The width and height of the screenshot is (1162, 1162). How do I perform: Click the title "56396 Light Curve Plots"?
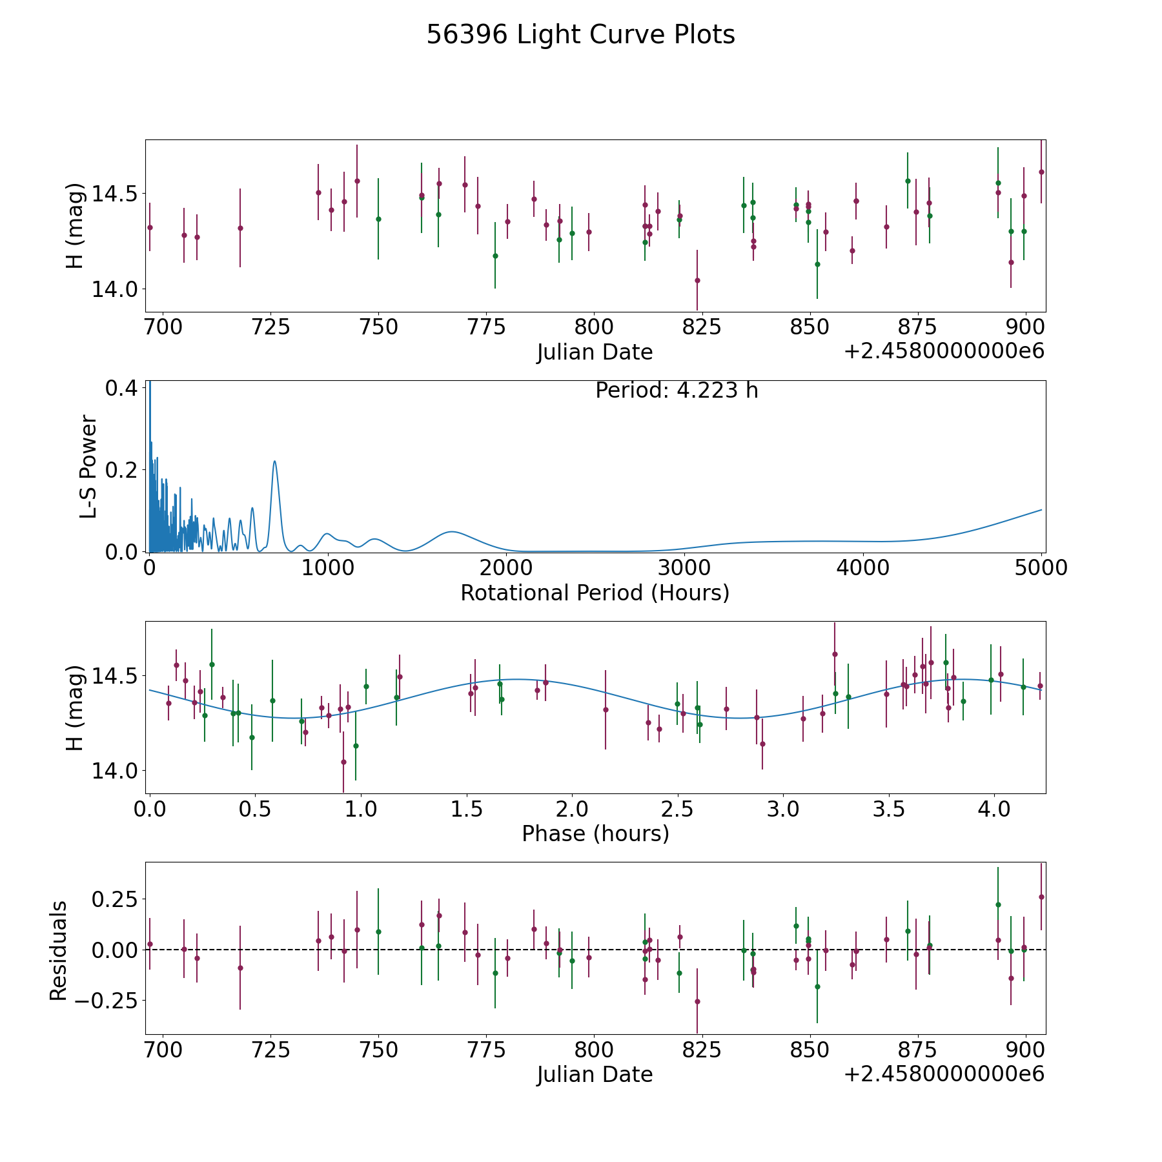[x=580, y=35]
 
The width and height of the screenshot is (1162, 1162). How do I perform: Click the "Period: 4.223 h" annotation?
[x=677, y=391]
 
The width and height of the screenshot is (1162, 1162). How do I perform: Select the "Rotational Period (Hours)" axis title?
[x=595, y=593]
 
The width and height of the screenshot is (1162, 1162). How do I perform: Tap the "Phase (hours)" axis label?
[x=595, y=833]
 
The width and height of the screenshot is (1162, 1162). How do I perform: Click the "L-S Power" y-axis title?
[x=88, y=467]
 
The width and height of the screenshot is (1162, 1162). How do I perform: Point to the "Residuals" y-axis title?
[x=59, y=950]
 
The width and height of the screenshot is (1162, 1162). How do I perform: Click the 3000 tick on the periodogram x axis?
[x=684, y=568]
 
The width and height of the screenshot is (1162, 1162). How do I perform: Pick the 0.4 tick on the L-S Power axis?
[x=121, y=388]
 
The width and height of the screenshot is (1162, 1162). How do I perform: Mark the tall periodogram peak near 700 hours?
[x=275, y=461]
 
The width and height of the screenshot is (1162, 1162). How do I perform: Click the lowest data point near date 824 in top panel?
[x=697, y=280]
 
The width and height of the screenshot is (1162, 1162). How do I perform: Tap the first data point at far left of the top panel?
[x=150, y=227]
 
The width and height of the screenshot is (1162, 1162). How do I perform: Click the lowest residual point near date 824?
[x=697, y=1001]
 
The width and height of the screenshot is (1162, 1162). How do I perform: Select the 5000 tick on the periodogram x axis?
[x=1041, y=568]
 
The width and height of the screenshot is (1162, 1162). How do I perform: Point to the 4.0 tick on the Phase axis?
[x=994, y=809]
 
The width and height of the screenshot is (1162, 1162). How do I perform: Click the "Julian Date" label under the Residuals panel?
[x=595, y=1074]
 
